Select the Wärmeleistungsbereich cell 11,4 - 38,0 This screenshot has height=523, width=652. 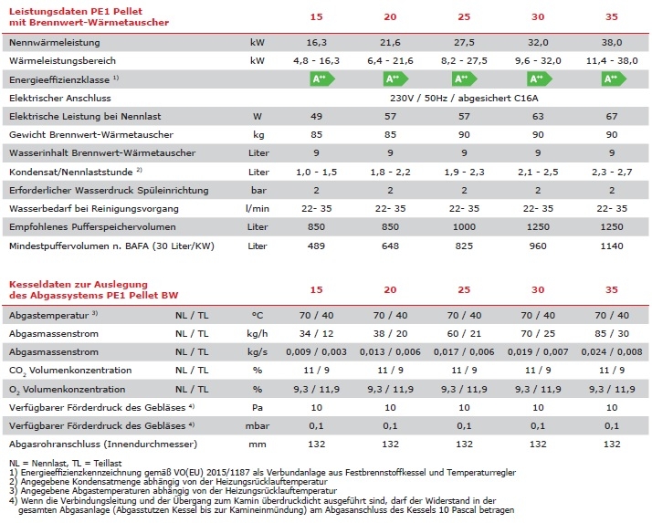(614, 60)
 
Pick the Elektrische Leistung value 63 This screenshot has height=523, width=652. (540, 116)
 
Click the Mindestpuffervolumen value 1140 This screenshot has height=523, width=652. (614, 246)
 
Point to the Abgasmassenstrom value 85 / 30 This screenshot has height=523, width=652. (614, 334)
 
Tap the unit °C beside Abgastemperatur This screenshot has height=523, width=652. (258, 316)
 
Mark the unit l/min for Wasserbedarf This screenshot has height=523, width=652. (258, 209)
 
